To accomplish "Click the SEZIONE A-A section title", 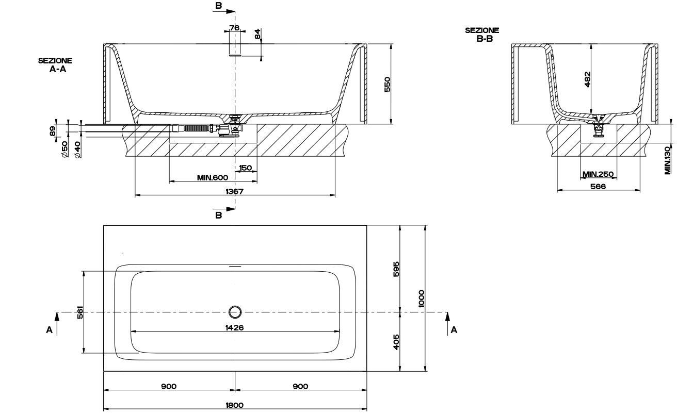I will tap(55, 64).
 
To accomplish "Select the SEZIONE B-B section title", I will tap(482, 35).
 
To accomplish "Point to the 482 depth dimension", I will tap(588, 79).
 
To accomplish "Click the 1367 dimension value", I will tap(235, 191).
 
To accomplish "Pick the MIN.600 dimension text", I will tap(212, 177).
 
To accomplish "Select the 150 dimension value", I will tap(246, 168).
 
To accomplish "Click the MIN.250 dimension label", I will tap(598, 174).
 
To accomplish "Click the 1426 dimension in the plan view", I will tap(235, 327).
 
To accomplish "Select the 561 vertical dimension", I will tap(80, 312).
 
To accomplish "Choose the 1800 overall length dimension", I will tap(235, 405).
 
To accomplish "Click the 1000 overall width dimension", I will tap(422, 298).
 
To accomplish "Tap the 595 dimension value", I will tap(396, 269).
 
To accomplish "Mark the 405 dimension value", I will tap(396, 341).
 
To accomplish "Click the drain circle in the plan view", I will tap(235, 311).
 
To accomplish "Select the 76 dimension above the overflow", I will tap(234, 28).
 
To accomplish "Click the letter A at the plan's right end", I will tap(454, 330).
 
